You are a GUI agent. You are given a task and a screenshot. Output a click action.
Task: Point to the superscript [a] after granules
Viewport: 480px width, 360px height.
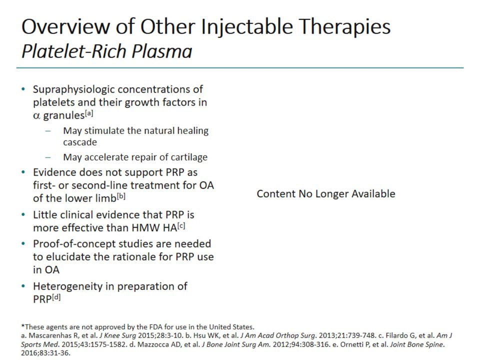click(x=88, y=112)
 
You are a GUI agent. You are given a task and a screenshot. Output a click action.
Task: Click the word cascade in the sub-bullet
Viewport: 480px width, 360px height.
click(x=80, y=142)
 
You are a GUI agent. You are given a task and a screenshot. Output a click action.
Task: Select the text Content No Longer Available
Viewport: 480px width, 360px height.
click(x=325, y=194)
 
